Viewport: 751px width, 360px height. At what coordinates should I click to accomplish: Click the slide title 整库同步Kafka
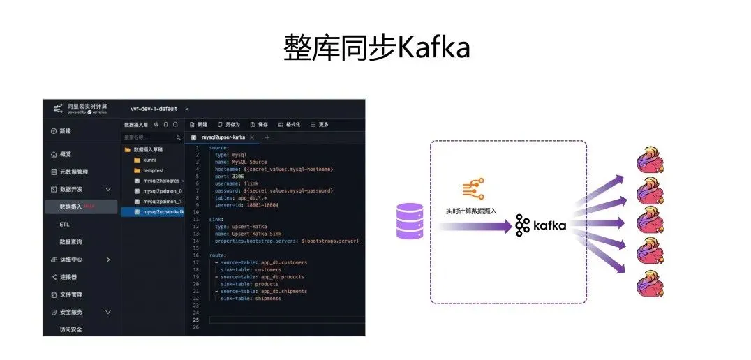click(376, 47)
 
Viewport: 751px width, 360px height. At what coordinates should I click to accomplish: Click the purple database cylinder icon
click(410, 221)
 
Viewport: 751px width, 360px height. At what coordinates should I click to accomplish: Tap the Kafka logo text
click(541, 225)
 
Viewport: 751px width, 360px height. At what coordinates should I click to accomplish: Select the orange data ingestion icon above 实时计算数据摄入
click(473, 189)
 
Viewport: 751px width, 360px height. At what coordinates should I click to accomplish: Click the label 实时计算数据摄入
click(471, 210)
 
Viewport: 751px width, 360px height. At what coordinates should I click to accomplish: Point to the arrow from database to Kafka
click(475, 225)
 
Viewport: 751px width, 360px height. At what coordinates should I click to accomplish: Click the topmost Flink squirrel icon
click(650, 162)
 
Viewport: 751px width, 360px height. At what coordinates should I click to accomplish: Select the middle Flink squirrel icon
click(650, 224)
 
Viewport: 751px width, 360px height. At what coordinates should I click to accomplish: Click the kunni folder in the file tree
click(150, 160)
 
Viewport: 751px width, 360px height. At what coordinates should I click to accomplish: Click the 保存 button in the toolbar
click(259, 124)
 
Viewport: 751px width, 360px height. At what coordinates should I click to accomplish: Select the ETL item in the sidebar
click(65, 225)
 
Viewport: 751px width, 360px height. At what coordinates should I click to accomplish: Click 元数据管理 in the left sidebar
click(73, 172)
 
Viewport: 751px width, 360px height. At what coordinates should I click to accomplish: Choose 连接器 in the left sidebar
click(68, 277)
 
